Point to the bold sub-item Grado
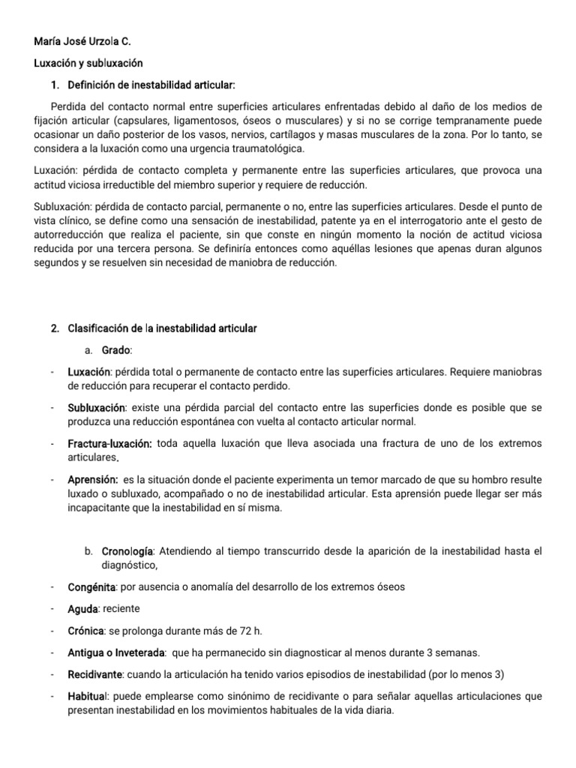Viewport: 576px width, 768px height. pos(116,349)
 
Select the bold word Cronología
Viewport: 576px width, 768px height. pos(129,551)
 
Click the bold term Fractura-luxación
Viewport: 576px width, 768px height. pos(109,444)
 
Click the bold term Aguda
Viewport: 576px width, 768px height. pos(82,608)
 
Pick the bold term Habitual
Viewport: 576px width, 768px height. pos(88,695)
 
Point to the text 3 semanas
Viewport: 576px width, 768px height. pos(458,652)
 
